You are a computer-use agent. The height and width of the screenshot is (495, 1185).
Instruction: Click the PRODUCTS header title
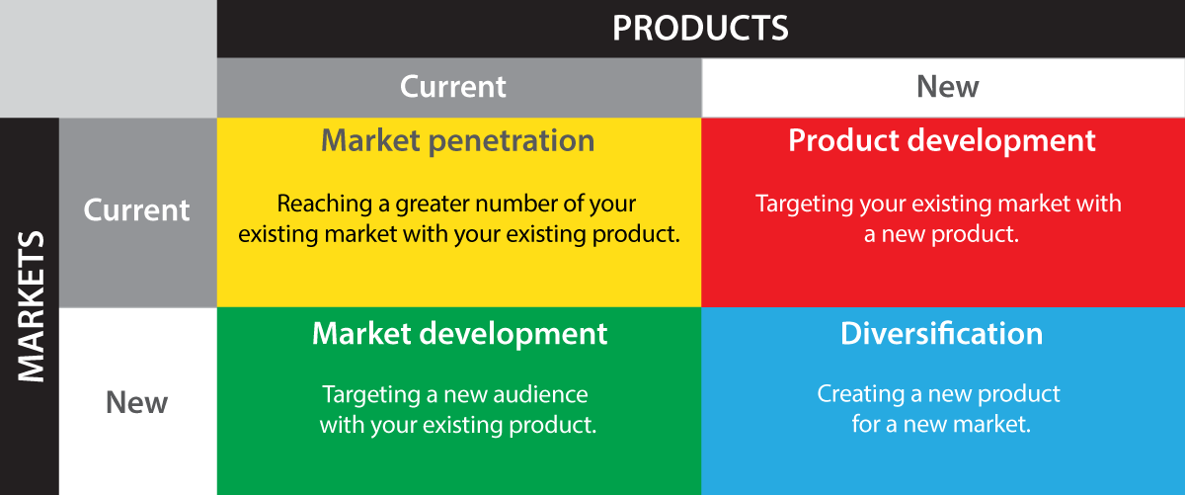(x=700, y=28)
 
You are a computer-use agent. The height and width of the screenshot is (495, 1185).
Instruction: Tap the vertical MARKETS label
(x=31, y=306)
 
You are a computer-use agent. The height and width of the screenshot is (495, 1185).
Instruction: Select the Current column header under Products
(x=453, y=87)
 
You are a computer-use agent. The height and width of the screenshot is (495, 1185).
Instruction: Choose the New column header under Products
(x=947, y=87)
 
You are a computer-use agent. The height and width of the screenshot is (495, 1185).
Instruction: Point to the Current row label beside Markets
(x=137, y=210)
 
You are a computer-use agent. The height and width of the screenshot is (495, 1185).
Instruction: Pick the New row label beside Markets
(x=137, y=402)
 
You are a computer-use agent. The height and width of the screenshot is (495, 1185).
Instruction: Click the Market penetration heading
(x=458, y=140)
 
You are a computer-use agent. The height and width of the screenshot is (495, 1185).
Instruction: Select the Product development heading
(x=942, y=140)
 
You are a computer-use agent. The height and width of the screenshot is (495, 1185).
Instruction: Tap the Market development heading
(x=460, y=333)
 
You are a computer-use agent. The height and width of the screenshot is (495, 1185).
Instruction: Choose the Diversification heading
(x=942, y=333)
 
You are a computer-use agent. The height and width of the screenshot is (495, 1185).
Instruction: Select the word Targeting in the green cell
(x=371, y=395)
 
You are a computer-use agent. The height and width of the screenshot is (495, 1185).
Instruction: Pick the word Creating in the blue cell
(x=860, y=394)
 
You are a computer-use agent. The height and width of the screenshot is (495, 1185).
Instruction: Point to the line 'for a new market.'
(x=941, y=425)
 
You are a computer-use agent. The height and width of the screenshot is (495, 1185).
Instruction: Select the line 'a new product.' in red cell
(x=941, y=235)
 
